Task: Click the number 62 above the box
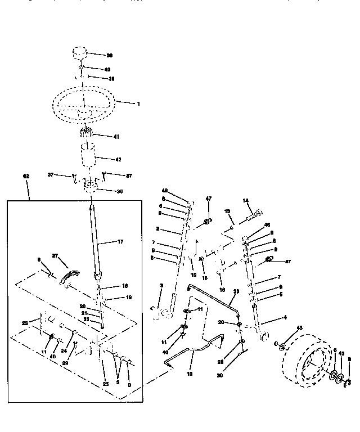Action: point(26,176)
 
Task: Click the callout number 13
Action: point(228,212)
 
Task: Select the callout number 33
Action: point(236,291)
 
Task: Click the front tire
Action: point(304,360)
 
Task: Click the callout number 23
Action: point(24,323)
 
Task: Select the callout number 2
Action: point(159,229)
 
